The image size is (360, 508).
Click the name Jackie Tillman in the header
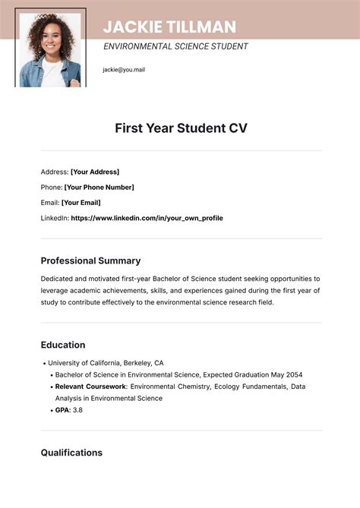169,27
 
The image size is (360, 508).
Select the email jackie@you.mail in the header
124,70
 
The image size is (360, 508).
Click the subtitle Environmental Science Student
175,46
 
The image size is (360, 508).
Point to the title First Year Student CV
181,128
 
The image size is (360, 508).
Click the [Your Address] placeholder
95,172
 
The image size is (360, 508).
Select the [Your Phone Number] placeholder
99,187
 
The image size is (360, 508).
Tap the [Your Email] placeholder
81,203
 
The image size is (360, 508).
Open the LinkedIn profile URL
147,218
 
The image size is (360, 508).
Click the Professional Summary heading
90,260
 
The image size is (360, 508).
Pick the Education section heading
62,345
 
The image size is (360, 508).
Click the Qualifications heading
71,453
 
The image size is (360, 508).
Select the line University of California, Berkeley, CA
107,363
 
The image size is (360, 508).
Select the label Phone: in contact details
51,187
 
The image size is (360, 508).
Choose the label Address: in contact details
54,172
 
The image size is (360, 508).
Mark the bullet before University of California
45,363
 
